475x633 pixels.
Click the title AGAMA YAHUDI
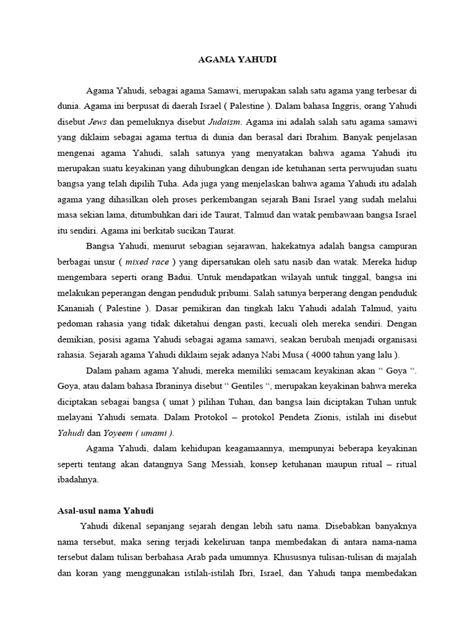click(x=237, y=61)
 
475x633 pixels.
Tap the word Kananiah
click(x=74, y=308)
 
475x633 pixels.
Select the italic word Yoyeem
click(x=117, y=432)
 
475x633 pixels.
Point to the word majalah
click(x=401, y=556)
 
